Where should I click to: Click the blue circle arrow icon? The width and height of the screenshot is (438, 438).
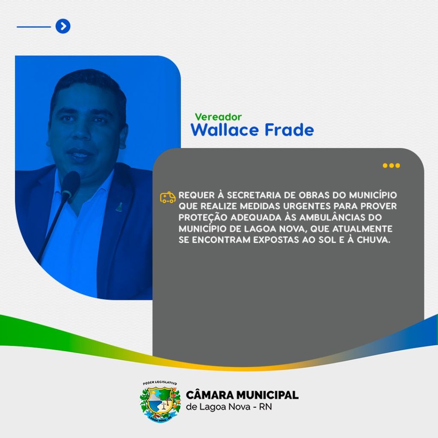[x=63, y=26]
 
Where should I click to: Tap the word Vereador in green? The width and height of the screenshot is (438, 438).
[x=218, y=117]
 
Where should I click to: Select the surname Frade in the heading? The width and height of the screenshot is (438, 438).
[x=289, y=130]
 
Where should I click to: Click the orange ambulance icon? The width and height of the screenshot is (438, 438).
[x=168, y=197]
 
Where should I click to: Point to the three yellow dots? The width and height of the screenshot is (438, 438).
[x=391, y=166]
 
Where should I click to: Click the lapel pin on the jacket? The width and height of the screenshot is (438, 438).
[x=119, y=207]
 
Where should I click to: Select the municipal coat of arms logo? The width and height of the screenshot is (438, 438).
[x=160, y=402]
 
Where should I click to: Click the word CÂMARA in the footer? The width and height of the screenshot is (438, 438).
[x=210, y=395]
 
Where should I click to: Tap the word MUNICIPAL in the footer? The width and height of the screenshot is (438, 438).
[x=267, y=395]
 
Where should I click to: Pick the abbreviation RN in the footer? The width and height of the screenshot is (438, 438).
[x=265, y=407]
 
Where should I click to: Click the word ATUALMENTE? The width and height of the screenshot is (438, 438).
[x=362, y=229]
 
